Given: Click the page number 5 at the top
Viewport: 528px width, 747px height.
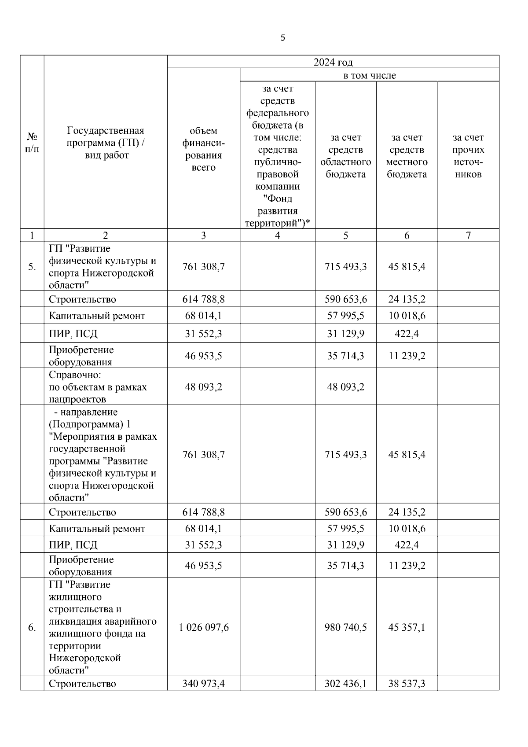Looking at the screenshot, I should coord(282,38).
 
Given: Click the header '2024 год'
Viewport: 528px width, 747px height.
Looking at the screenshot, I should coord(333,62).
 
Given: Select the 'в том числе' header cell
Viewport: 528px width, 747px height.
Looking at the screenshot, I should coord(369,75).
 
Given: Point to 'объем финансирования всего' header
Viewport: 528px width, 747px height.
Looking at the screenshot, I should coord(203,149).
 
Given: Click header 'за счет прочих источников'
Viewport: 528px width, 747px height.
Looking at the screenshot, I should coord(468,156).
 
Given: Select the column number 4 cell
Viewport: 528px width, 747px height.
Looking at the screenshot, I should coord(277,236).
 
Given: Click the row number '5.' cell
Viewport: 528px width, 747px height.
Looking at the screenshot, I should coord(32,267).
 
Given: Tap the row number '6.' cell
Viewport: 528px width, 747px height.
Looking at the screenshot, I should coord(32,628).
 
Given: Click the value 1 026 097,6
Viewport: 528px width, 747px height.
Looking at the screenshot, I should coord(203,628).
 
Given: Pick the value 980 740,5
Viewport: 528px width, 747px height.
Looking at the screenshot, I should coord(345,628).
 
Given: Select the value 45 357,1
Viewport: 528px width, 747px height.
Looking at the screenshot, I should coord(407,628).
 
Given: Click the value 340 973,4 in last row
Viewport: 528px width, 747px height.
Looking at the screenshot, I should coord(203,684).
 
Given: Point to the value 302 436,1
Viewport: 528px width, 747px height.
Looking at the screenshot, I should coord(345,684).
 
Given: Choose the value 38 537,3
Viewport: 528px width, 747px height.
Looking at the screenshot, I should coord(407,684).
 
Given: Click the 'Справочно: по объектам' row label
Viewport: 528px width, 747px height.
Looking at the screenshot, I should coord(98,387).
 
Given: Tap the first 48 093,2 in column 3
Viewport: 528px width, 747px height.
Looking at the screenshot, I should coord(203,387).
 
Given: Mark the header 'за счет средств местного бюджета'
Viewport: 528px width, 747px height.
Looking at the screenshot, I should coord(407,156).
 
